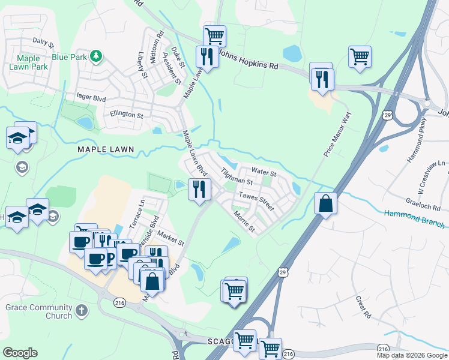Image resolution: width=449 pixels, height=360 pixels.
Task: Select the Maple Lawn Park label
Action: coord(28,63)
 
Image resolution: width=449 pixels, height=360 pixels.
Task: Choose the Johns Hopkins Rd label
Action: coord(249,59)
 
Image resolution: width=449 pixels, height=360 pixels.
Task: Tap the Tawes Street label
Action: coord(256,201)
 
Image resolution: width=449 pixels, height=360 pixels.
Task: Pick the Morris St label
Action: coord(244,221)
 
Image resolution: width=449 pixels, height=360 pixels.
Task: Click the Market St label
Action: coord(172,240)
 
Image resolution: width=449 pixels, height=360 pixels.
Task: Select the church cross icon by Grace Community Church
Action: coord(82,311)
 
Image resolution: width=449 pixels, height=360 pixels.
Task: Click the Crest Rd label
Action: coord(363,307)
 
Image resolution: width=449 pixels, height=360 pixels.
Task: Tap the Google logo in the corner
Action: coord(20,353)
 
